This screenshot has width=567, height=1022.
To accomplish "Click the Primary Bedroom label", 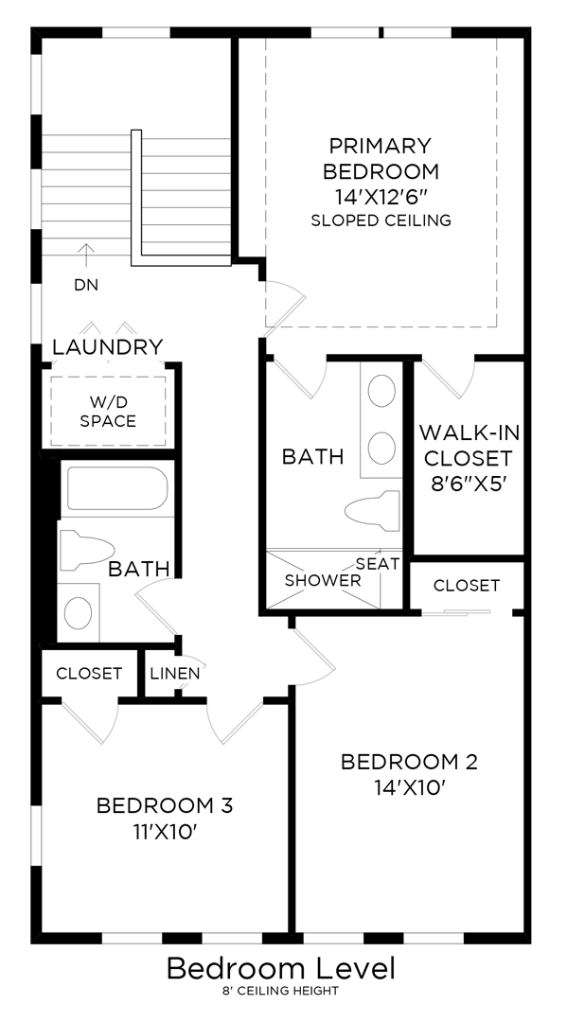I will [x=381, y=159].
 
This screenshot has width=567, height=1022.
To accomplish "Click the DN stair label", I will [x=85, y=284].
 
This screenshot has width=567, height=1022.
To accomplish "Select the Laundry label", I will [x=107, y=347].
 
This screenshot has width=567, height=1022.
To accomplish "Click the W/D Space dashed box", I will [x=108, y=412].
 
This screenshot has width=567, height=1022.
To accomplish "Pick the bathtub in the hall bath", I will [x=115, y=488].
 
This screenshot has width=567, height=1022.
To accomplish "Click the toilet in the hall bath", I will [x=86, y=550].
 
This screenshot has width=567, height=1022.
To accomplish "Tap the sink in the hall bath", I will [x=79, y=611].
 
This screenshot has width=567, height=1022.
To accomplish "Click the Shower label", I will [x=323, y=580].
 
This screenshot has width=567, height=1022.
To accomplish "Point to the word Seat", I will [x=377, y=563].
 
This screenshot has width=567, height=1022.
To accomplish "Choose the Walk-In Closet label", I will [x=467, y=459].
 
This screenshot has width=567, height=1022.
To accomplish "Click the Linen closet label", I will [x=174, y=674].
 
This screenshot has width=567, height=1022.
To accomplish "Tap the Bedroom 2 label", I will [x=409, y=762].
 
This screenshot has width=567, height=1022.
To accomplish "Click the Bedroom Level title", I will [x=281, y=969].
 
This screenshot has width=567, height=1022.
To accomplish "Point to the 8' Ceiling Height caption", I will [x=281, y=991].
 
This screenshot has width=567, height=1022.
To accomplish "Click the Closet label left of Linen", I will [x=89, y=674].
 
